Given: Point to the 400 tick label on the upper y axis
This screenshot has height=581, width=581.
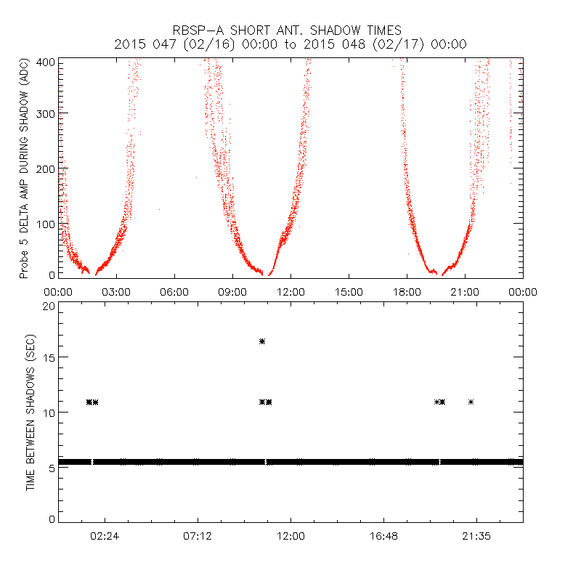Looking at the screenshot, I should click(x=46, y=62).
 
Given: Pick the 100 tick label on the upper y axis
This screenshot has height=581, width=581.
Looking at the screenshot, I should click(x=46, y=223).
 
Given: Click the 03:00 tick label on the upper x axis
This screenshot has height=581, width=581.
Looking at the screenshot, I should click(x=116, y=291).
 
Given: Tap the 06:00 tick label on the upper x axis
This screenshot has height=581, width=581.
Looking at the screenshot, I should click(x=174, y=291).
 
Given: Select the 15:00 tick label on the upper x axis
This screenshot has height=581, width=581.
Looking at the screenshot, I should click(x=349, y=291).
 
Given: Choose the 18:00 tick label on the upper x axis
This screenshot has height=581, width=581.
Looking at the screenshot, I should click(x=407, y=291).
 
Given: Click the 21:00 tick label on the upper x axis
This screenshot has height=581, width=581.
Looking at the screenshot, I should click(x=465, y=291).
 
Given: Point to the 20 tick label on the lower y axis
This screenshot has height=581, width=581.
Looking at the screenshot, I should click(x=49, y=306).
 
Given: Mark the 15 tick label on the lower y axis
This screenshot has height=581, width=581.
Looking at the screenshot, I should click(x=49, y=357).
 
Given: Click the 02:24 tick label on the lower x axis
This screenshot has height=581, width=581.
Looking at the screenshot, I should click(x=105, y=536).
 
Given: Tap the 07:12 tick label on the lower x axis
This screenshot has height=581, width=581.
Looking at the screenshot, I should click(x=198, y=536).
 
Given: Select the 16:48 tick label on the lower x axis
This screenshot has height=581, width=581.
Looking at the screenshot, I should click(x=383, y=536).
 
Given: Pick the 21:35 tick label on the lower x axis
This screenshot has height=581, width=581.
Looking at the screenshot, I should click(x=476, y=536).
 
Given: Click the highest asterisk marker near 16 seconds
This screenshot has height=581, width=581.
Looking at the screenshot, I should click(x=262, y=341).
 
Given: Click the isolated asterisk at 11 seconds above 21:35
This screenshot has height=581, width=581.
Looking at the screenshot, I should click(x=471, y=402).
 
